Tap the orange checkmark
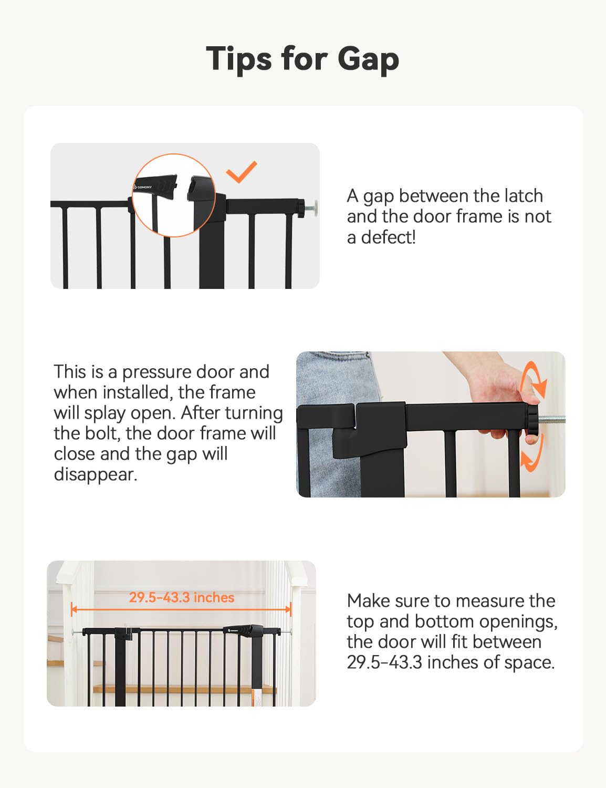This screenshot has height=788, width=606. [x=242, y=172]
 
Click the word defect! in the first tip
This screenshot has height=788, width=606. [x=389, y=237]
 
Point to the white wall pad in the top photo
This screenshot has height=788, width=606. [x=314, y=208]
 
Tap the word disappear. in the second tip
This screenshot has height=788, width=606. [x=96, y=474]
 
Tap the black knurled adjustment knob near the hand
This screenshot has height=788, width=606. [x=532, y=422]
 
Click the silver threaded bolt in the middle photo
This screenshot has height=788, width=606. [x=552, y=420]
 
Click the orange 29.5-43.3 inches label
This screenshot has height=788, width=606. [x=182, y=597]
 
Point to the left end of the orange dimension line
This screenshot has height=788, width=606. [x=72, y=609]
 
